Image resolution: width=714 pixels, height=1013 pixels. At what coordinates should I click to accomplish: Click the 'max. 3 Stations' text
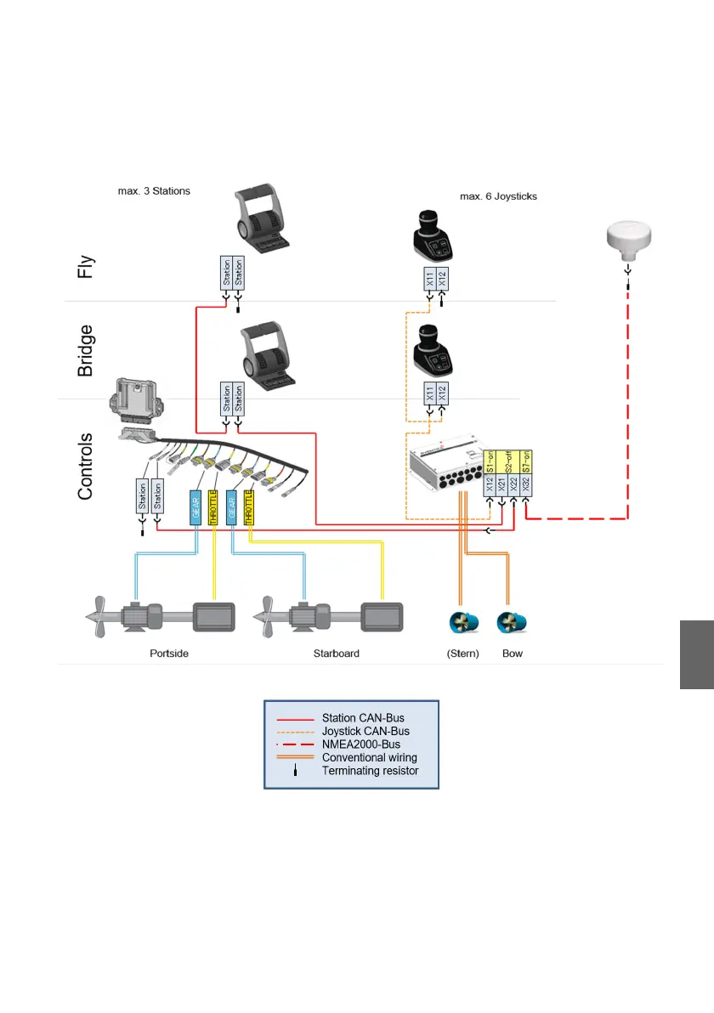[x=154, y=191]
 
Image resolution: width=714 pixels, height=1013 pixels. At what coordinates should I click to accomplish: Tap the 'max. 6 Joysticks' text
[x=498, y=196]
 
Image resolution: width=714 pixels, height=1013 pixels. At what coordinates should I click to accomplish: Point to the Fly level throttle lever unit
[x=262, y=220]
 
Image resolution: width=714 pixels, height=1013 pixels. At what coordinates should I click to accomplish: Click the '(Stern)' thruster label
[x=464, y=654]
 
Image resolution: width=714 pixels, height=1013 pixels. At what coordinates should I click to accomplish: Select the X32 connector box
[x=527, y=485]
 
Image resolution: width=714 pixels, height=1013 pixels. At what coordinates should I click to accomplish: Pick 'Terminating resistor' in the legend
[x=370, y=771]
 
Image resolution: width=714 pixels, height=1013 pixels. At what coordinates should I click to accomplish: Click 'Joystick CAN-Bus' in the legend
[x=365, y=732]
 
